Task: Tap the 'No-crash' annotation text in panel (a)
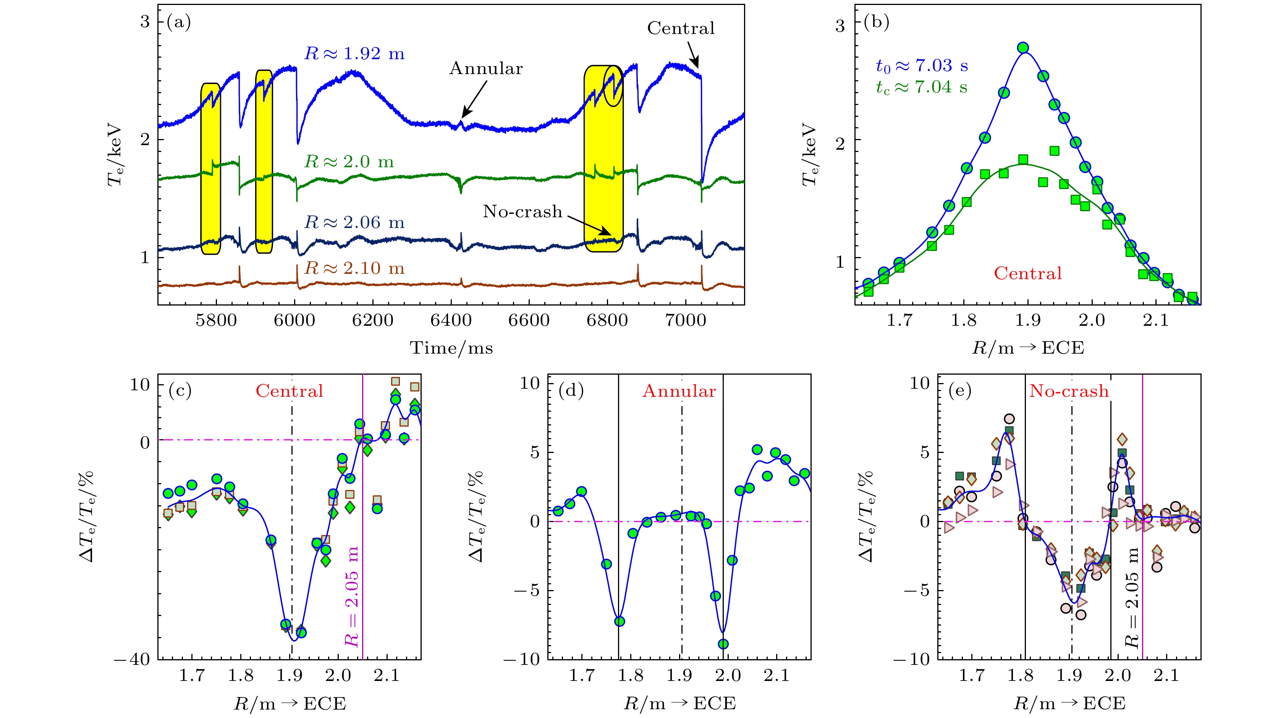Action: (x=523, y=212)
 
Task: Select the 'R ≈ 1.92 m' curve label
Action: (x=354, y=53)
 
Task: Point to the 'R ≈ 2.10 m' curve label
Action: (x=354, y=268)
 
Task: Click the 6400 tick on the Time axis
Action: (x=450, y=320)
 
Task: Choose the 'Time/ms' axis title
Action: (x=451, y=348)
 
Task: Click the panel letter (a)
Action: (x=179, y=22)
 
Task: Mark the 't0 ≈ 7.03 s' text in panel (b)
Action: (x=922, y=65)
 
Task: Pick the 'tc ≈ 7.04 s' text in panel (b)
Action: (x=921, y=87)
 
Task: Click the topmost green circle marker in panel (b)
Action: (x=1022, y=48)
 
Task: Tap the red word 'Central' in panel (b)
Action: (x=1027, y=273)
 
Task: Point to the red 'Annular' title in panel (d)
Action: (x=679, y=391)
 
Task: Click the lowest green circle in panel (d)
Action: (x=723, y=644)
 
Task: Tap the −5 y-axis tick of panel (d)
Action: (x=526, y=590)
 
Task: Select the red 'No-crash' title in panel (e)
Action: (x=1069, y=391)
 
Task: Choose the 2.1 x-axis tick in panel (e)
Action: (x=1166, y=676)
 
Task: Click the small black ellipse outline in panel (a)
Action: (x=613, y=86)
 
